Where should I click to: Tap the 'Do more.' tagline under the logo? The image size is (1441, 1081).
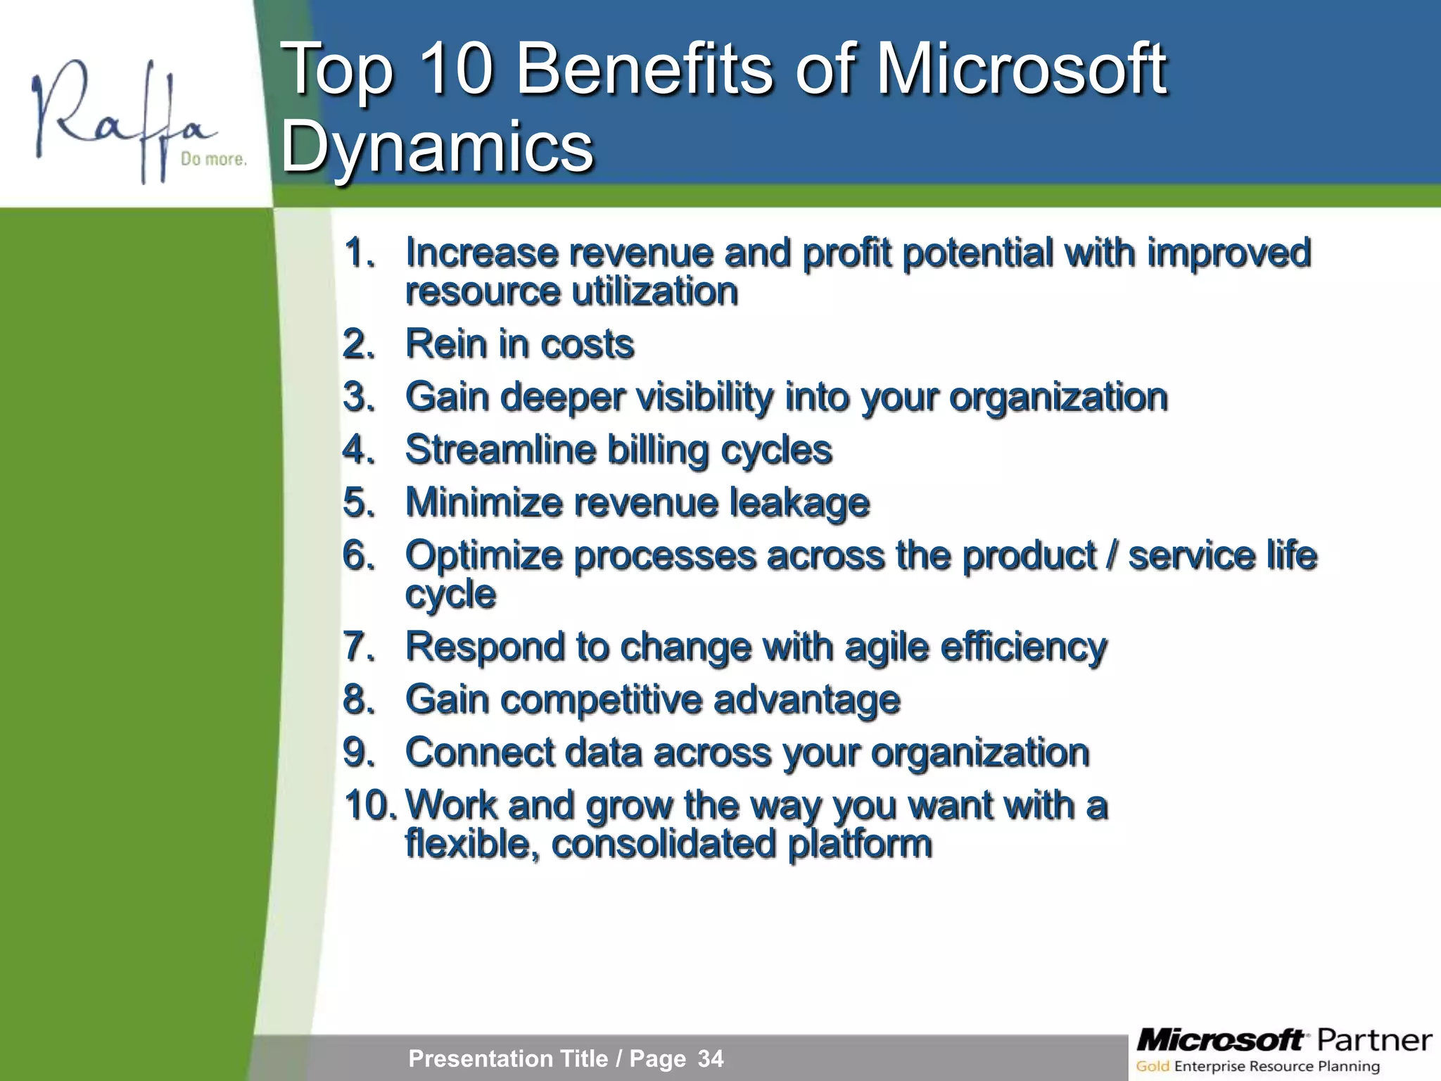pos(213,159)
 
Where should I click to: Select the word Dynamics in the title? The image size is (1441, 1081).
pos(438,146)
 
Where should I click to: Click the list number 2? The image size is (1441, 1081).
pos(359,344)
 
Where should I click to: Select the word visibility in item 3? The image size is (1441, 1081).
pos(704,397)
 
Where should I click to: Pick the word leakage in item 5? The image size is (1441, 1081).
pos(799,502)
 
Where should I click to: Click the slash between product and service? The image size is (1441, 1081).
pos(1112,555)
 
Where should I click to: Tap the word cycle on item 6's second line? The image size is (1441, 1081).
pos(450,595)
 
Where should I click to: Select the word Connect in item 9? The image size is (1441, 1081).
pos(480,752)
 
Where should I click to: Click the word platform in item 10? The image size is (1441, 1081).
pos(860,844)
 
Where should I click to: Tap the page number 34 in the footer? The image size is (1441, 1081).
pos(711,1058)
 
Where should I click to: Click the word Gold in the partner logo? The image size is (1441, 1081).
pos(1153,1066)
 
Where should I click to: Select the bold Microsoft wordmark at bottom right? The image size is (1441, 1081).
pos(1221,1039)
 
